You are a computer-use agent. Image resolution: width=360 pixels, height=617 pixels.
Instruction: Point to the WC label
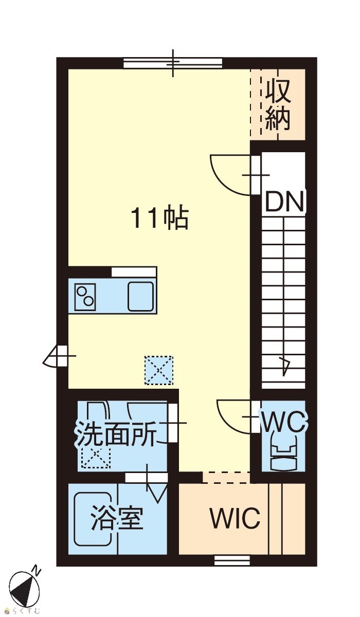pos(284,422)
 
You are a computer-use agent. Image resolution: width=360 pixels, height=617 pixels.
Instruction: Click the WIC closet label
pos(235,518)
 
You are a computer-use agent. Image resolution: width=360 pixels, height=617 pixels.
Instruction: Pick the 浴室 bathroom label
pos(117,518)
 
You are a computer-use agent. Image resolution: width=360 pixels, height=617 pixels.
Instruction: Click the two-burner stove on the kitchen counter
pos(85,297)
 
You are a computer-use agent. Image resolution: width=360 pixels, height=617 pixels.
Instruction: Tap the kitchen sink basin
pos(141,296)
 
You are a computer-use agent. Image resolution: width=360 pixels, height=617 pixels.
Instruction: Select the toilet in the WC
pos(284,455)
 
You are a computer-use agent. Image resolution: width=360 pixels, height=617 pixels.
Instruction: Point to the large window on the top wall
pos(173,63)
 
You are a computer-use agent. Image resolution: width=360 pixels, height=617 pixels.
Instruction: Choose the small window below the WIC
pos(232,560)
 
